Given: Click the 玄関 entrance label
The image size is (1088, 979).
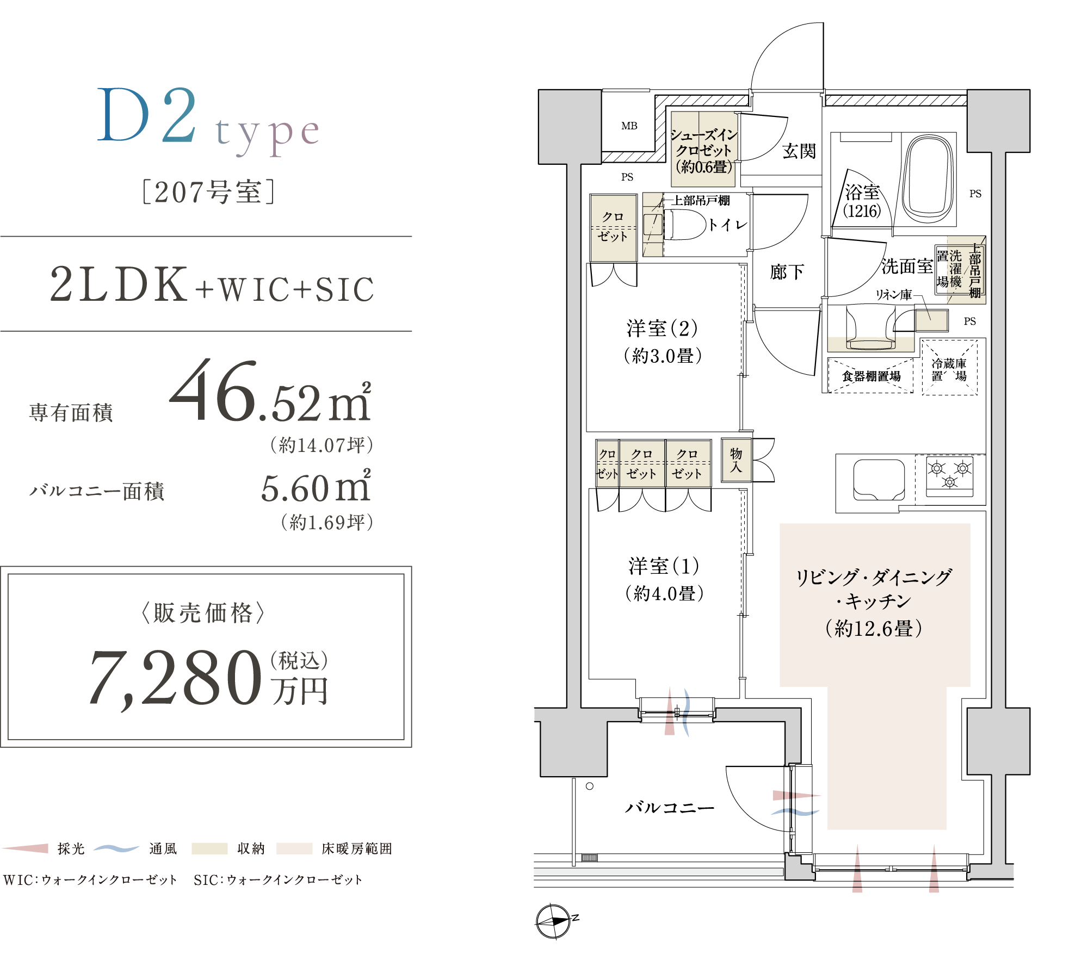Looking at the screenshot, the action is tap(799, 151).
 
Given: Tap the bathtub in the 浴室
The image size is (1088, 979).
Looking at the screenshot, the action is tap(929, 179).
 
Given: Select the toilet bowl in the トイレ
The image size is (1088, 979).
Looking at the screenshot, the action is tap(685, 225).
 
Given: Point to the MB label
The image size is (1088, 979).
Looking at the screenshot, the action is tap(629, 126).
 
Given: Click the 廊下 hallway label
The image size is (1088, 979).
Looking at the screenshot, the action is tap(787, 272).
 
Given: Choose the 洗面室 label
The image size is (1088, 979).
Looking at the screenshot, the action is tap(907, 266).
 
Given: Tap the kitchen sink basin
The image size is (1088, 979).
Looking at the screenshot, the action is tap(879, 480).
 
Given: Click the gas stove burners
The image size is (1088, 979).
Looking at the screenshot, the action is tap(950, 475).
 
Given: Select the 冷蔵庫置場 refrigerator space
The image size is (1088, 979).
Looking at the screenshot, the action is tap(949, 368).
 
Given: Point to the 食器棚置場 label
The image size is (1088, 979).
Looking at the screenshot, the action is tap(871, 376).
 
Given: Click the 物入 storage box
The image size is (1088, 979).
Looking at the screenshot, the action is tap(736, 460).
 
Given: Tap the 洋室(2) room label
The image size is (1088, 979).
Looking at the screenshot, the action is tap(662, 328).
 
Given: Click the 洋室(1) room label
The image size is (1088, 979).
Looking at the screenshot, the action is tap(664, 566).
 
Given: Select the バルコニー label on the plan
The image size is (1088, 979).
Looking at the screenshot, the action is tap(670, 808).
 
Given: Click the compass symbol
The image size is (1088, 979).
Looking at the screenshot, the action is tap(554, 921).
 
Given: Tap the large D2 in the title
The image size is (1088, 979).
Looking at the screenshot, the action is tap(147, 115).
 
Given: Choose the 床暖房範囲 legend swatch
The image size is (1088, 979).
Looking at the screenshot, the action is tap(294, 848).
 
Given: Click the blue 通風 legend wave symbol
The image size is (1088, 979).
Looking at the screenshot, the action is tap(116, 848).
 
